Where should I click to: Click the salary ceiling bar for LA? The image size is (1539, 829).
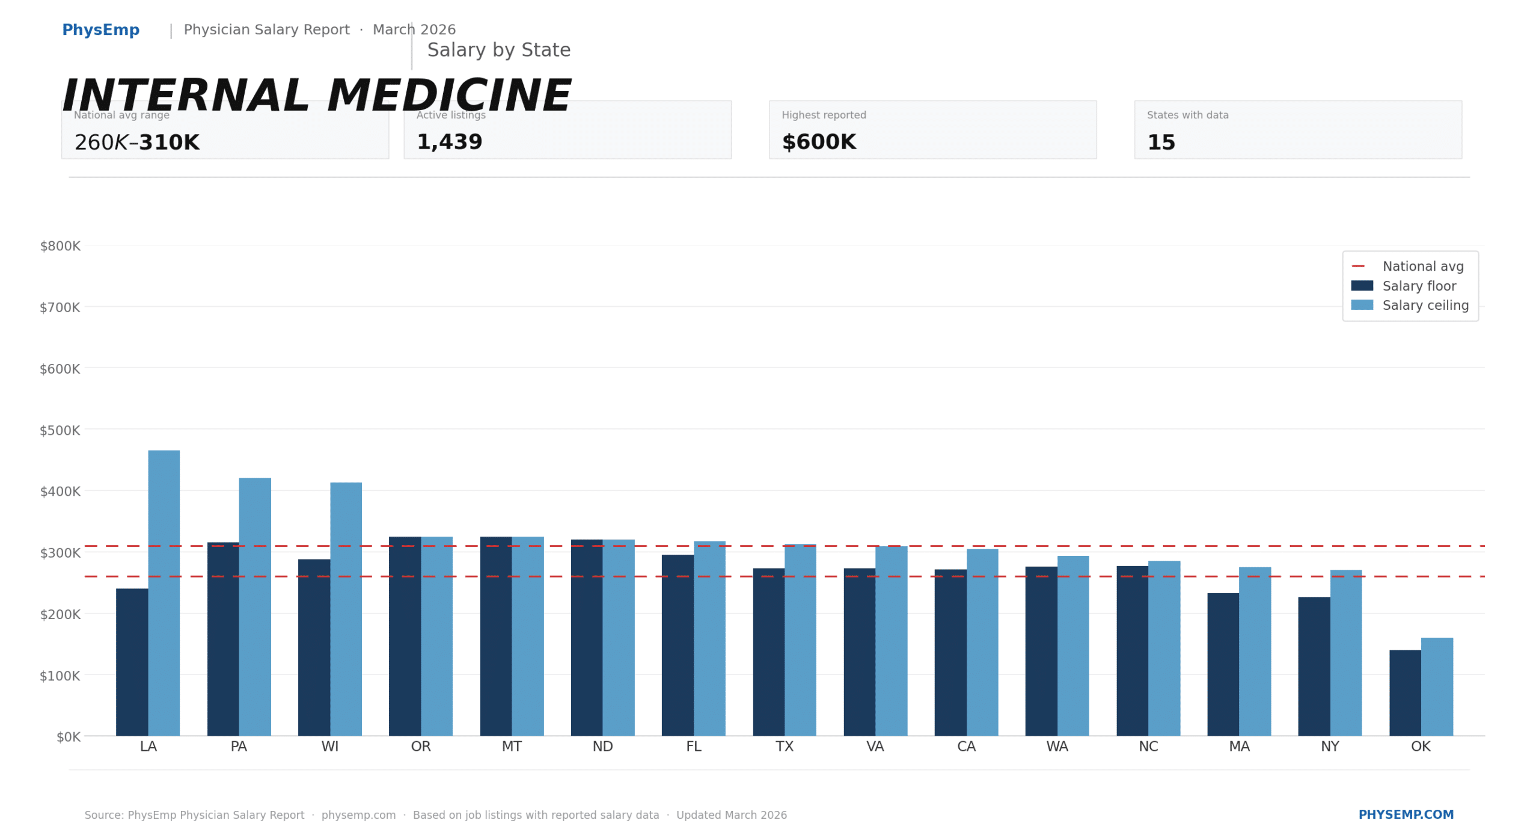[x=164, y=593]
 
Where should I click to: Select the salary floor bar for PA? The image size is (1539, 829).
[x=223, y=639]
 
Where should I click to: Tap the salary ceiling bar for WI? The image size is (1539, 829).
[x=346, y=609]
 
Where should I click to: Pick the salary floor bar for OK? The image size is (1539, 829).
[x=1405, y=692]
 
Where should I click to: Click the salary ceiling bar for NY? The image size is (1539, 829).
[x=1346, y=653]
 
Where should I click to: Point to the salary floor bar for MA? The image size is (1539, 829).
[x=1223, y=664]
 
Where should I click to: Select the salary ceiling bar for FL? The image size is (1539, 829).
[x=709, y=638]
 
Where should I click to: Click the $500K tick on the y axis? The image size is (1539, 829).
[x=60, y=431]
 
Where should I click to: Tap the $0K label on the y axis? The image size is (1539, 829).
[x=68, y=737]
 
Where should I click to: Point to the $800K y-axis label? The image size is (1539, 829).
[x=60, y=246]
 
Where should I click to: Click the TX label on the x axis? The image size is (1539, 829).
[x=785, y=747]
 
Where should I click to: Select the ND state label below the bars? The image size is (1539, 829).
[x=602, y=747]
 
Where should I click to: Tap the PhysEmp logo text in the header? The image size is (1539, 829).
[x=101, y=30]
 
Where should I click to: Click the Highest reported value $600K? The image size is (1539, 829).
[x=819, y=143]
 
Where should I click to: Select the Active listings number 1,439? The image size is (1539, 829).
[x=450, y=143]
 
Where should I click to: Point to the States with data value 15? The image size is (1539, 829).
[x=1161, y=143]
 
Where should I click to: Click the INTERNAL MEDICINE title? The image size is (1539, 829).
[x=316, y=96]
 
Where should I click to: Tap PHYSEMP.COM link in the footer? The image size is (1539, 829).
[x=1406, y=815]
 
